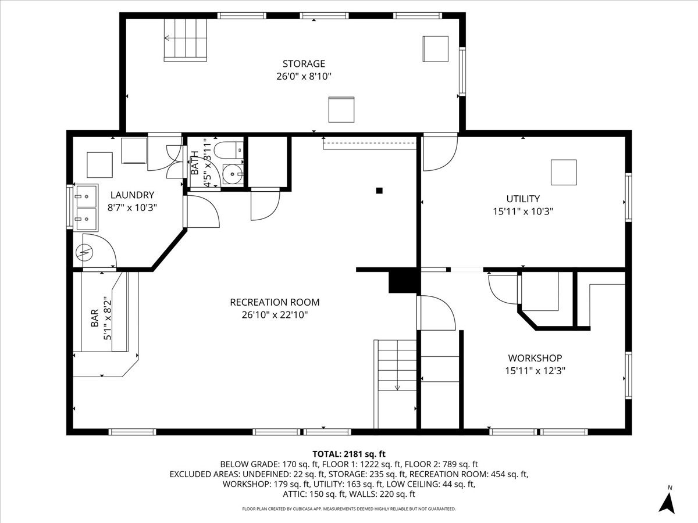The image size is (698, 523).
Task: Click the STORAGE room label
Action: pos(304,64)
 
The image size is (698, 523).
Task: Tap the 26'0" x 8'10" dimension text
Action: pos(304,76)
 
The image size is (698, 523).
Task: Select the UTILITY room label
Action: pos(522,199)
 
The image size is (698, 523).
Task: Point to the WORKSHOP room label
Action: pos(535,358)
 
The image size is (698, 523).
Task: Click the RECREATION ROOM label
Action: pos(275,302)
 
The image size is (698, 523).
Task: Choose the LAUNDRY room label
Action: pos(133,195)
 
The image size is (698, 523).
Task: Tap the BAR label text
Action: pos(95,321)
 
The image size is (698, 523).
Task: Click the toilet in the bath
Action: pos(229,150)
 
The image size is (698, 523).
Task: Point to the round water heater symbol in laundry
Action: pos(85,252)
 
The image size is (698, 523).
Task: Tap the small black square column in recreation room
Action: pos(379,190)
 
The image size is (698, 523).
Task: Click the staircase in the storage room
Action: pos(185,39)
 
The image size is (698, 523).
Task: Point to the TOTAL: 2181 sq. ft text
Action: pos(349,454)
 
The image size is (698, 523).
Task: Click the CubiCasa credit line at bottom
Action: pos(349,508)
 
